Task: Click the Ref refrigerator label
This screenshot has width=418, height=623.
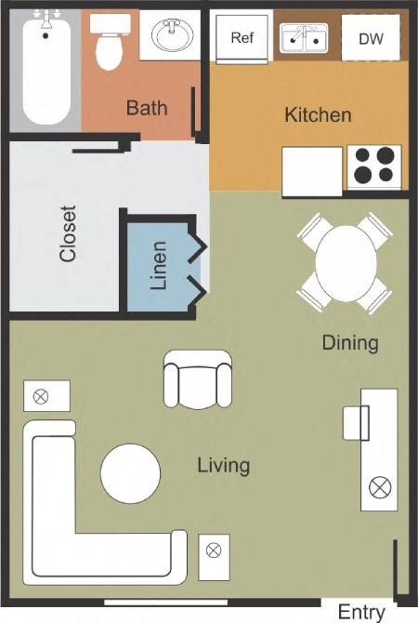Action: point(242,38)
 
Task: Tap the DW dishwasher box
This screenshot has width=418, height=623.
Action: point(370,38)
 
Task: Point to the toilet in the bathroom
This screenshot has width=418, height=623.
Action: point(111,41)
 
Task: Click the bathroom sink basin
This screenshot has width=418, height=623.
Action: point(173,37)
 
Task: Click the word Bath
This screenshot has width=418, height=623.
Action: point(147,108)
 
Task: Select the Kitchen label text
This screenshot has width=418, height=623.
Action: point(318,115)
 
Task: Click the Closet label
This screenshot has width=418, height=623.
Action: point(67,233)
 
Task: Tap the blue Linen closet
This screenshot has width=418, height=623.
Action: point(159,265)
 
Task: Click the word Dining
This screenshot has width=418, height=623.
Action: point(350,342)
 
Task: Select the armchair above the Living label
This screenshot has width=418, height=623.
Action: point(197,380)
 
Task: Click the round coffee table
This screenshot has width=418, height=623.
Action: point(130,472)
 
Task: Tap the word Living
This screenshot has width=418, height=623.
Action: point(223,464)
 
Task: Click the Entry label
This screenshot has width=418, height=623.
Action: point(360,612)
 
